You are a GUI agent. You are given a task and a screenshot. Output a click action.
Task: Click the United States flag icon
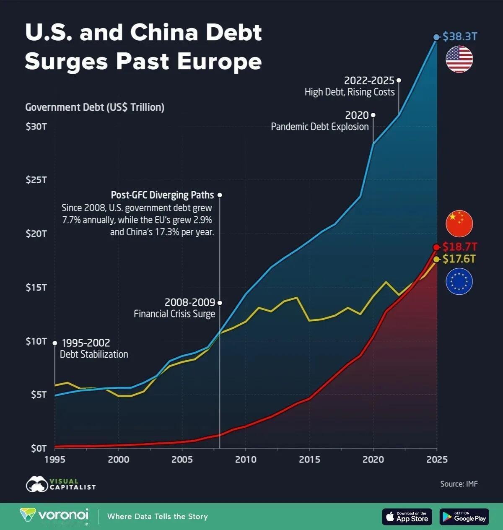[x=459, y=59]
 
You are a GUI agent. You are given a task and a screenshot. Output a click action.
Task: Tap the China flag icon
[x=459, y=223]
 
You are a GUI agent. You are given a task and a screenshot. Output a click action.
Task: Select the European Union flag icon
[x=459, y=281]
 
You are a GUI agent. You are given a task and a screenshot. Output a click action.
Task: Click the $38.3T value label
[x=460, y=36]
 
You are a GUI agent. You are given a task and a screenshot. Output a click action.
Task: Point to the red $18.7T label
[x=460, y=247]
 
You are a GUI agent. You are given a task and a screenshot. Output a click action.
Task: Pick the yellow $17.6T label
[x=459, y=259]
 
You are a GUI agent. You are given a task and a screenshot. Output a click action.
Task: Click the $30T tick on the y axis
[x=36, y=126]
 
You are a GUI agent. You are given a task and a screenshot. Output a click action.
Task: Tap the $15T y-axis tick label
[x=36, y=287]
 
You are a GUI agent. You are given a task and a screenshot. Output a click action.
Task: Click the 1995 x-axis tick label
[x=54, y=460]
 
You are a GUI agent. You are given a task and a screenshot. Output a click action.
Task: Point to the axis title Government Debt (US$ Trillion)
[x=95, y=107]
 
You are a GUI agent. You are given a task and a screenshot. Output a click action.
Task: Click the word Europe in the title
[x=219, y=61]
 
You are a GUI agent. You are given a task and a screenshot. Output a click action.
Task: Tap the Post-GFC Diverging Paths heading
[x=162, y=195]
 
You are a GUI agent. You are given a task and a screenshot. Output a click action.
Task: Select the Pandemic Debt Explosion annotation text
[x=320, y=127]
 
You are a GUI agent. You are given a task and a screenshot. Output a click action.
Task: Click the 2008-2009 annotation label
[x=189, y=302]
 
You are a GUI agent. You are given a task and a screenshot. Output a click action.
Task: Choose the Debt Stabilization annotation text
[x=94, y=354]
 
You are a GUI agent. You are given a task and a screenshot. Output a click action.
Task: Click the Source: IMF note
[x=459, y=484]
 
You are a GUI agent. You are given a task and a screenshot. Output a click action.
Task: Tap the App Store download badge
[x=407, y=517]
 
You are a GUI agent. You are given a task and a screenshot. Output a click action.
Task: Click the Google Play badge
[x=464, y=517]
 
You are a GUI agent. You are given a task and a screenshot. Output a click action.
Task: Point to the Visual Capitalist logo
[x=61, y=484]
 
